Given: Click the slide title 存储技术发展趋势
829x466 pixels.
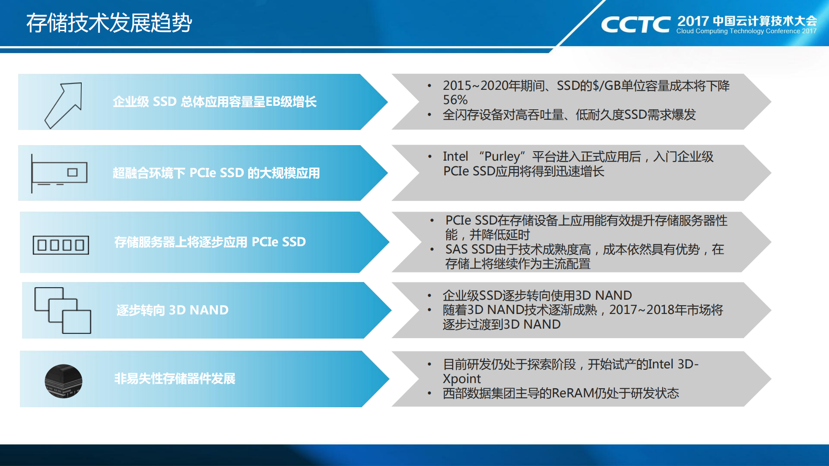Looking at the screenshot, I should [109, 23].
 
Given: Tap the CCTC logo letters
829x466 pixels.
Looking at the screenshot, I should [635, 25].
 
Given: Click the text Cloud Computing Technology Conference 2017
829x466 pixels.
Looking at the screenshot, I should [746, 31].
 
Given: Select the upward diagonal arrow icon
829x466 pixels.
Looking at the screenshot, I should [64, 105].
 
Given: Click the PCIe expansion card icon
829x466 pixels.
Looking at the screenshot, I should [60, 173].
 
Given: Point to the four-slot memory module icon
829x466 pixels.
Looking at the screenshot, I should [61, 245].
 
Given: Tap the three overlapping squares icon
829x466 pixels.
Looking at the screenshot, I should [63, 310].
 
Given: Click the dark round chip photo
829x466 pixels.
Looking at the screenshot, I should [64, 381].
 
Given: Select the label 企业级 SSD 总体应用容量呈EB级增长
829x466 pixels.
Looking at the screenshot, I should [214, 102].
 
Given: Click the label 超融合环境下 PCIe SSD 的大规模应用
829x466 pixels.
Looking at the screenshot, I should [216, 173].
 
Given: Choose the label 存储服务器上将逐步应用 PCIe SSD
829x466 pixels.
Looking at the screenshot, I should [210, 242].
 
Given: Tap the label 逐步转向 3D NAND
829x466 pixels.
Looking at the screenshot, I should [172, 310].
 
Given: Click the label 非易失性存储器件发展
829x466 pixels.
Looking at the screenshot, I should [175, 379].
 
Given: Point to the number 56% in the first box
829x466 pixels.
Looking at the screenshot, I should [455, 100].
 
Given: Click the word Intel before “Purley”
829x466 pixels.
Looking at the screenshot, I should [455, 156].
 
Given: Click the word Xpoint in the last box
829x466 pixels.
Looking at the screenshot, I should [461, 379].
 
